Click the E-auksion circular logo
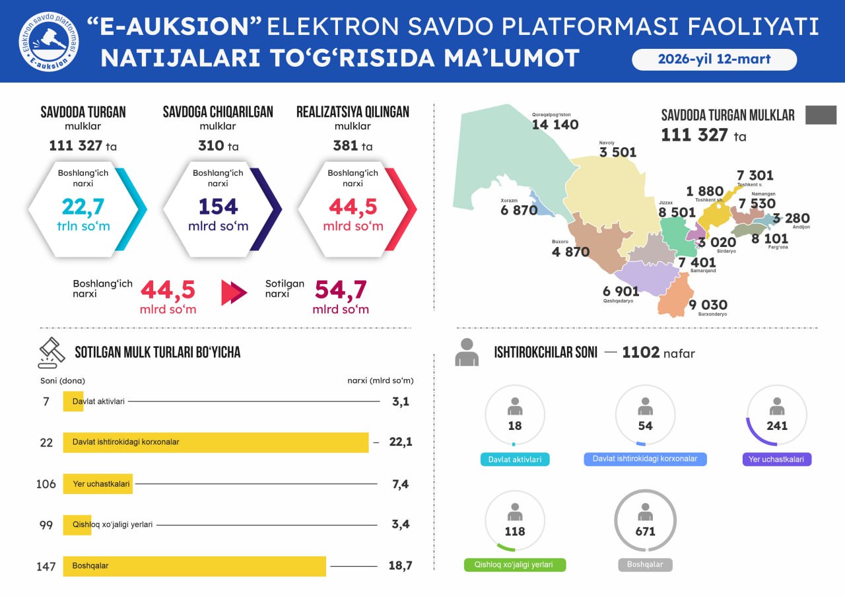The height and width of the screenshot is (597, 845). click(48, 41)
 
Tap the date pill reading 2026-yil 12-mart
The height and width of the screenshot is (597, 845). click(714, 59)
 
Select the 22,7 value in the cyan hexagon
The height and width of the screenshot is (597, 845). click(83, 207)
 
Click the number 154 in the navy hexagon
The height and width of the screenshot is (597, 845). click(218, 207)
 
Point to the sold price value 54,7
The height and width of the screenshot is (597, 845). click(341, 290)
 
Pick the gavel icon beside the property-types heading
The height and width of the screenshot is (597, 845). click(51, 353)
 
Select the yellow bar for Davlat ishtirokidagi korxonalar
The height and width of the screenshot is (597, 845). click(215, 442)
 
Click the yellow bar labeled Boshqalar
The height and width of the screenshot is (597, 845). click(194, 566)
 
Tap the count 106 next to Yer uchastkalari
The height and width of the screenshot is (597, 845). click(46, 484)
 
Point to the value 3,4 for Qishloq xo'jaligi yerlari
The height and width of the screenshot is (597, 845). click(400, 524)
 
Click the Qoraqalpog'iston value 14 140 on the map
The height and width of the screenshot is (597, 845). click(555, 125)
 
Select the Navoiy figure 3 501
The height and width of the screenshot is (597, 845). click(618, 153)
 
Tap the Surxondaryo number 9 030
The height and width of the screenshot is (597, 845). click(708, 304)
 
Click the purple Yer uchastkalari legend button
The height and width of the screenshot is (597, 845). click(777, 459)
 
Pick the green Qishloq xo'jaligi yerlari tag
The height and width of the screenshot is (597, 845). click(515, 565)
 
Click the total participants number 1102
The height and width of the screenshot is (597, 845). click(640, 353)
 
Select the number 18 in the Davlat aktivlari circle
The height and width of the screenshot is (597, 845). click(515, 426)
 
